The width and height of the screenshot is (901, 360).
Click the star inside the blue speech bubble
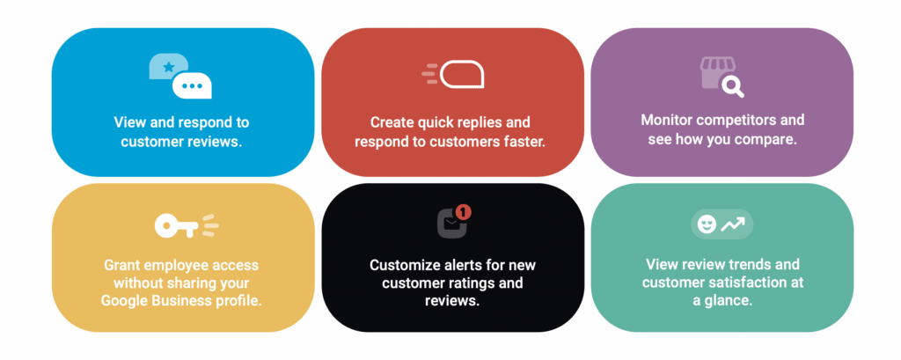[168, 67]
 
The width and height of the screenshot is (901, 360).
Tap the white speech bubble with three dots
[193, 85]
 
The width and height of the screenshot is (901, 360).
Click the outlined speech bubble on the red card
[463, 74]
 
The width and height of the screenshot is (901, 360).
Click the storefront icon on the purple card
[715, 72]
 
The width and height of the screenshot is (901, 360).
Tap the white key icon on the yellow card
[176, 226]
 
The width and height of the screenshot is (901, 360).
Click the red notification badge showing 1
[465, 211]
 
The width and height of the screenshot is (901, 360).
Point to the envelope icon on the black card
[452, 224]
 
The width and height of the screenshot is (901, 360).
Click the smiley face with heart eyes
[707, 224]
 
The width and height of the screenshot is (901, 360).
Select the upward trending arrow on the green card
[733, 224]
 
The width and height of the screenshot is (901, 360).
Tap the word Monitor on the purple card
[665, 121]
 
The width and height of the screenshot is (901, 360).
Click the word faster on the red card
[524, 142]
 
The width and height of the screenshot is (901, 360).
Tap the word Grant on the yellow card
[121, 265]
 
